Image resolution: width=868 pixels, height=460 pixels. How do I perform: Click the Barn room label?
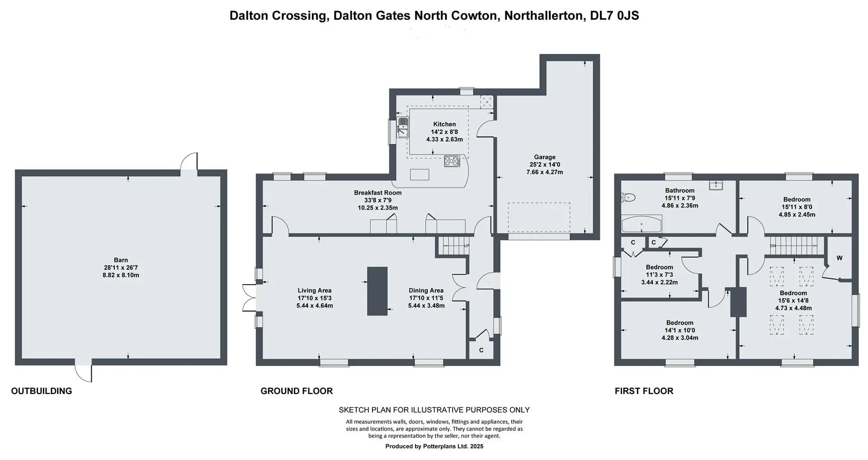click(x=121, y=260)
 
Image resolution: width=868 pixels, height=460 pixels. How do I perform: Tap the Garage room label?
click(x=544, y=157)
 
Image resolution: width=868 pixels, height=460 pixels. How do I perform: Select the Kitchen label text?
click(x=444, y=124)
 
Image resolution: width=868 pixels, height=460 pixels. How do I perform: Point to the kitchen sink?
click(x=403, y=127)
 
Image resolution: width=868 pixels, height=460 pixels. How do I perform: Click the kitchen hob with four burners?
click(x=452, y=161)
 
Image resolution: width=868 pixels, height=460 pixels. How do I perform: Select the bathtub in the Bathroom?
click(x=642, y=224)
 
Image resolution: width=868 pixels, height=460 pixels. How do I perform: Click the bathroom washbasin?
click(x=717, y=185)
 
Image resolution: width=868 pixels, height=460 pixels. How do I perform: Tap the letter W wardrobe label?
click(x=840, y=258)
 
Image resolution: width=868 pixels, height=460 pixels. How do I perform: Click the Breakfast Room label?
click(x=377, y=192)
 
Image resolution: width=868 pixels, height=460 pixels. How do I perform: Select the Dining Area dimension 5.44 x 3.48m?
click(x=426, y=305)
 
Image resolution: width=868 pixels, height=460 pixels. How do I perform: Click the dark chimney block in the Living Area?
click(x=377, y=291)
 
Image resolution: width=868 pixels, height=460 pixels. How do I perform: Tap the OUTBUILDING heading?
click(x=42, y=391)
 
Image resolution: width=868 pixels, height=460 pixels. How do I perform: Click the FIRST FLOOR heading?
click(x=644, y=391)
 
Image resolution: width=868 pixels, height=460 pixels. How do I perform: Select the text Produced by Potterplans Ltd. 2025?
click(x=434, y=446)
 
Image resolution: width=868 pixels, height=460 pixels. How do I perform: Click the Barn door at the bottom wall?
click(x=84, y=371)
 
